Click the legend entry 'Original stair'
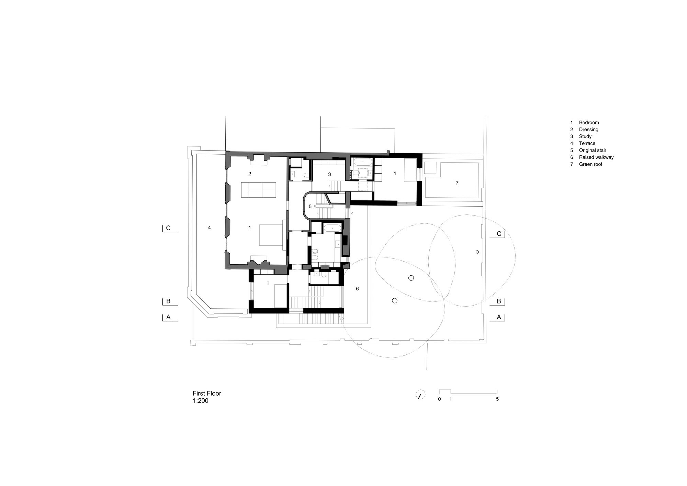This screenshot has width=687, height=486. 593,150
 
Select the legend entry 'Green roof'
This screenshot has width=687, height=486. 590,164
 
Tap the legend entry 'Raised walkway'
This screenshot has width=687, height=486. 596,157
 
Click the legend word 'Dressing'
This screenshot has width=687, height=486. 589,130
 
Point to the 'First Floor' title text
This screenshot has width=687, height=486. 207,393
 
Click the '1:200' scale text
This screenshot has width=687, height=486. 201,400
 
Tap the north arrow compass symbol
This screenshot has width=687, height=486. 420,394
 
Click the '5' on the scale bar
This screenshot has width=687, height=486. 497,399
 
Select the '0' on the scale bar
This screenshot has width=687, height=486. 439,399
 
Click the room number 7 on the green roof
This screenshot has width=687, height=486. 457,183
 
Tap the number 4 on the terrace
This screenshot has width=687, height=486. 209,228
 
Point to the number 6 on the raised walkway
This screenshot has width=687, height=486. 357,289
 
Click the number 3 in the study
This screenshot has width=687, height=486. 329,175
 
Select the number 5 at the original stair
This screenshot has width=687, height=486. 310,207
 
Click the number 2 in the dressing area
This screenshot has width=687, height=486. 250,174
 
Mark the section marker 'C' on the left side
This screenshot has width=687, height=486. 168,228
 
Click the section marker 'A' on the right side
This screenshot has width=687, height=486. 499,318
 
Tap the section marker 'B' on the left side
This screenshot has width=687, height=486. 168,301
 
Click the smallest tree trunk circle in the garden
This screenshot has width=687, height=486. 477,252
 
